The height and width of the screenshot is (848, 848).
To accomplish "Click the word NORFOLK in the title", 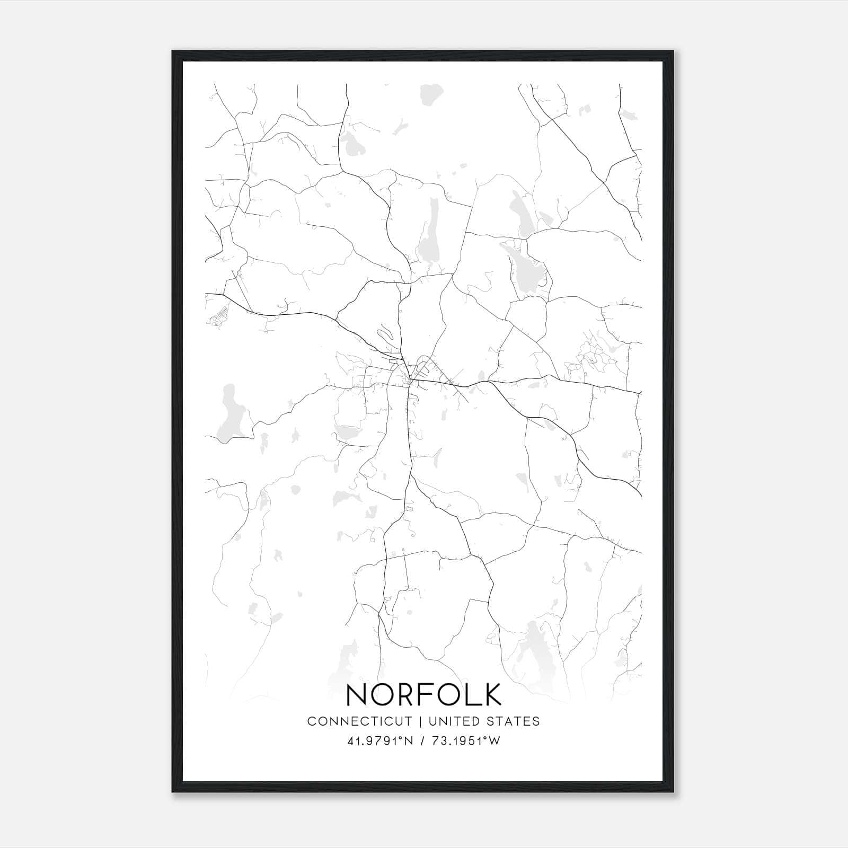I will pos(423,694).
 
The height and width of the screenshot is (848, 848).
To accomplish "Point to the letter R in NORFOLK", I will pos(406,694).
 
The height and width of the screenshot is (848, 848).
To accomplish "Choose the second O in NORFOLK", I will pos(449,694).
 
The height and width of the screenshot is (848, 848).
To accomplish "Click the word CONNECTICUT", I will pos(359,721).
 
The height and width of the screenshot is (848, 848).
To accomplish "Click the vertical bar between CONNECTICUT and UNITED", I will pos(420,721).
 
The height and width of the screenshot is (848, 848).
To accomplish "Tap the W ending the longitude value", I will pos(494,741).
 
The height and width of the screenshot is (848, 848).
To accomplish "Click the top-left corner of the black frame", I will pos(173,52).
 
